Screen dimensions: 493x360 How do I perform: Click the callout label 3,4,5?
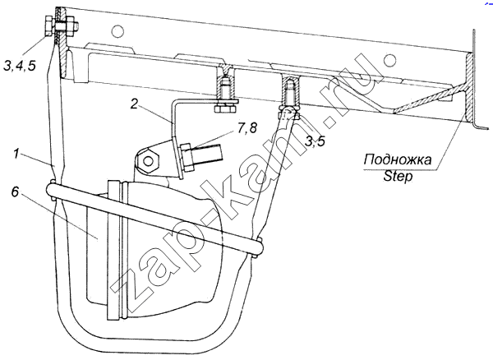pos(20,66)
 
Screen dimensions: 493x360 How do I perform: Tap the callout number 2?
pos(134,104)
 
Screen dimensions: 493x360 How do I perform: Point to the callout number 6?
pos(16,192)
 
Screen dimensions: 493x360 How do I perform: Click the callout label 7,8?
pos(246,128)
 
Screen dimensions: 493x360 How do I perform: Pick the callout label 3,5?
pos(316,141)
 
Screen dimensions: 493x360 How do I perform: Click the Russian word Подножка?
pos(398,159)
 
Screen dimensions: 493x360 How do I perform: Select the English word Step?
pos(398,176)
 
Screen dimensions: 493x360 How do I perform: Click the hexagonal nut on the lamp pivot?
pos(147,161)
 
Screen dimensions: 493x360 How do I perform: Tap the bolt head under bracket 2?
pos(225,109)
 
